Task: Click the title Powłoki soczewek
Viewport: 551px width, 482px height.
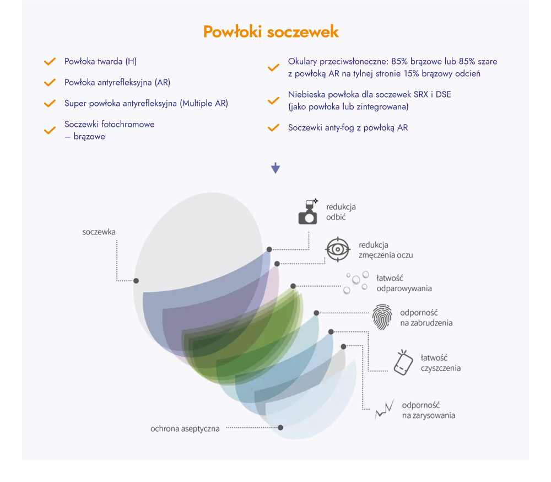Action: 271,31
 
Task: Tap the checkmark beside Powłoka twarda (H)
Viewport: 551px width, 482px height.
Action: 50,62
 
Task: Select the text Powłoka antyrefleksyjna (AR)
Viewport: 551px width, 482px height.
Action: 117,82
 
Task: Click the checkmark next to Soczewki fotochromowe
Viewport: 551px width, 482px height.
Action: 50,130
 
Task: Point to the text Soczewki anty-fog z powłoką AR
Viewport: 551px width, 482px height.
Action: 348,128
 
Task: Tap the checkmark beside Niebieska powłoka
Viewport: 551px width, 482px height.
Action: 273,100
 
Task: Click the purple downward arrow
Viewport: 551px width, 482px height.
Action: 275,168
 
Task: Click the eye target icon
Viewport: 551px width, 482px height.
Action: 338,249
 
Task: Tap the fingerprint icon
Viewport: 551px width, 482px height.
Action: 382,317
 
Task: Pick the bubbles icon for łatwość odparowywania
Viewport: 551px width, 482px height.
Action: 356,282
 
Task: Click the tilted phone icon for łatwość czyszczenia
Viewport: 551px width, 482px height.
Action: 403,362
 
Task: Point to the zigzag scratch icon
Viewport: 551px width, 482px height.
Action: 385,410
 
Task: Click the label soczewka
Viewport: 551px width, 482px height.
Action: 99,232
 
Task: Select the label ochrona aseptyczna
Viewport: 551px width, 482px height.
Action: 185,429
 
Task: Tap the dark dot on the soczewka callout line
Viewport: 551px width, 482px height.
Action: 136,281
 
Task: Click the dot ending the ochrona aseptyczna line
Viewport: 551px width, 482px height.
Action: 280,428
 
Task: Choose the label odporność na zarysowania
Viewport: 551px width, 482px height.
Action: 429,410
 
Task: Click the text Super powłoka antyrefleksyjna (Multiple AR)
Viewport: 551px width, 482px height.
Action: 146,104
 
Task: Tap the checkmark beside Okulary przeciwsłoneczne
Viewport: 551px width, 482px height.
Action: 273,67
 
